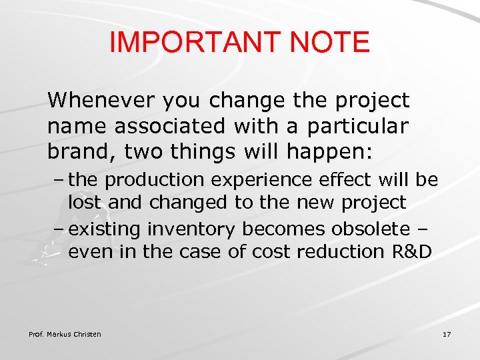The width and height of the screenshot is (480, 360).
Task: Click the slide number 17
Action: point(446,334)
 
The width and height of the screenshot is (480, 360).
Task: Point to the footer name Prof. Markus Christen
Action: point(65,334)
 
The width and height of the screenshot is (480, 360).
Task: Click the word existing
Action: point(105,229)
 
